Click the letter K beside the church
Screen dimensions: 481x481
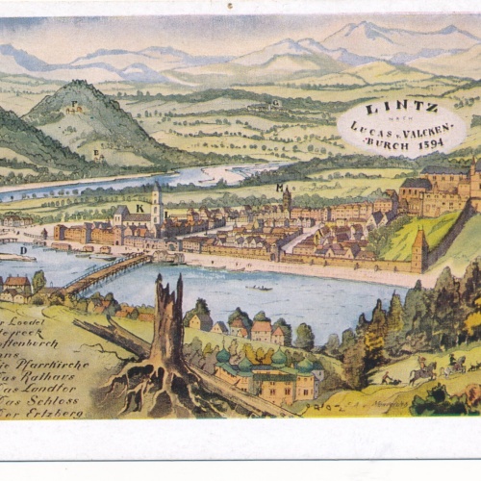[139, 207]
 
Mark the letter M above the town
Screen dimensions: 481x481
[279, 187]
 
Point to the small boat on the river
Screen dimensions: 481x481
[258, 287]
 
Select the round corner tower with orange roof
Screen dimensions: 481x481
[418, 247]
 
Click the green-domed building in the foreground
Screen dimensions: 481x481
[260, 370]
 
